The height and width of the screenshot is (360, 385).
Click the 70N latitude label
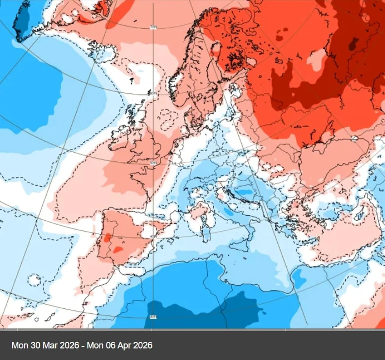(x=153, y=27)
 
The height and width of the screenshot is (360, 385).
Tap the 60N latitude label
(x=153, y=94)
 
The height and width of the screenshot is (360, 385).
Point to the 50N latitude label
(x=153, y=163)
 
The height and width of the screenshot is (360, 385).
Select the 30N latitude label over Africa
(x=153, y=316)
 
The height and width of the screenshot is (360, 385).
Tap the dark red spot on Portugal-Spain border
(x=107, y=237)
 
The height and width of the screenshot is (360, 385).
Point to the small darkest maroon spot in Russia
(x=353, y=43)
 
